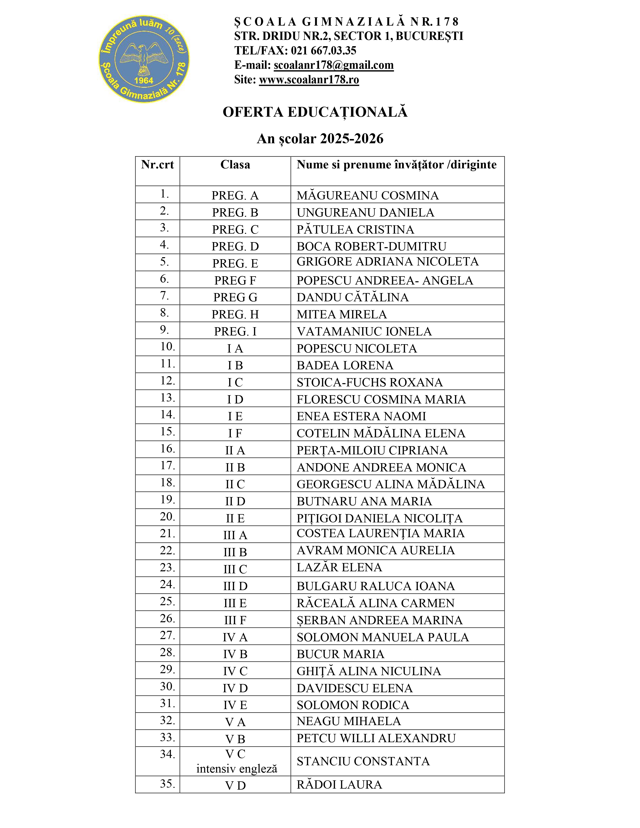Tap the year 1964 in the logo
click(144, 80)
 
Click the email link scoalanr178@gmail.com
click(334, 65)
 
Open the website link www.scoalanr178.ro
click(309, 80)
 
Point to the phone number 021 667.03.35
click(324, 50)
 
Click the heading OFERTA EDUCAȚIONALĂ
click(315, 112)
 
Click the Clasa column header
click(235, 165)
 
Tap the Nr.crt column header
click(157, 165)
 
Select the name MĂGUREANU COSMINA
click(367, 195)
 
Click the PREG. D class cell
click(235, 246)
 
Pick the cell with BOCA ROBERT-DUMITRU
click(371, 246)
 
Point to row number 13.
click(168, 398)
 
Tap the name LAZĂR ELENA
click(339, 567)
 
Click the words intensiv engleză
click(237, 769)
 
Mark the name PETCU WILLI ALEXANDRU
click(376, 738)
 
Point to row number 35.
click(168, 784)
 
